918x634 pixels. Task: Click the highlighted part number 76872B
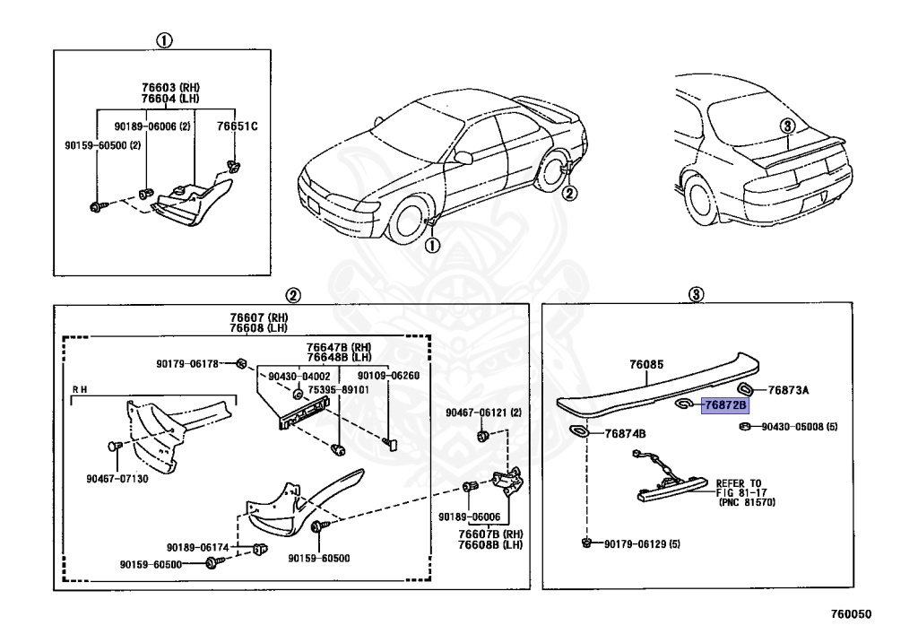(724, 406)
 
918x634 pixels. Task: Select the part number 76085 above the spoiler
(646, 365)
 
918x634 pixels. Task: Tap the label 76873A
(789, 390)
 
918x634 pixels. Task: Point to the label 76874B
(626, 434)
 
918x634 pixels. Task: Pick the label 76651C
(237, 126)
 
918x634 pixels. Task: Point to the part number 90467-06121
(483, 412)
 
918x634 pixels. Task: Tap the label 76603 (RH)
(169, 87)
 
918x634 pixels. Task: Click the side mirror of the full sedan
(463, 158)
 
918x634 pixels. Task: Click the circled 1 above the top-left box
(165, 40)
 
